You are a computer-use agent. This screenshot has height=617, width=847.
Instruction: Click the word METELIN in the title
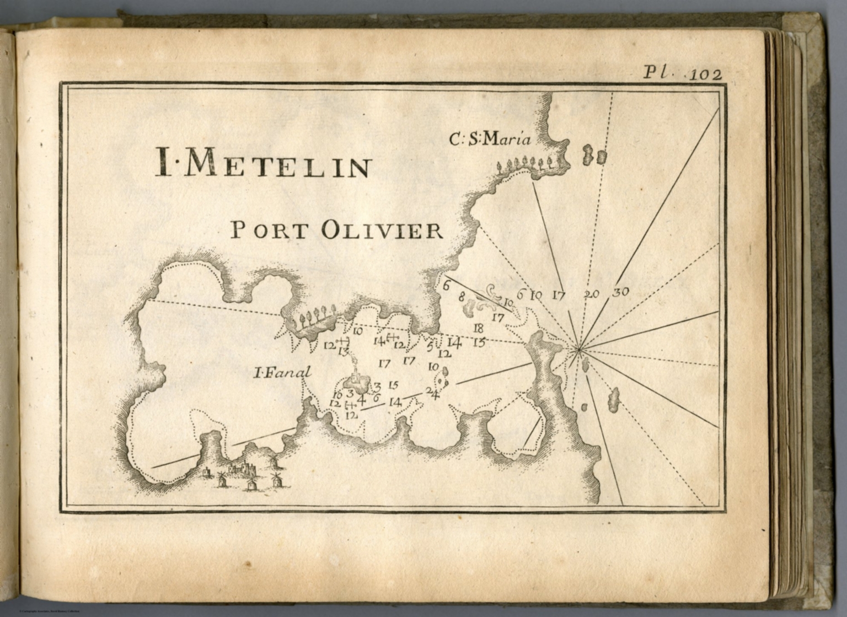pyautogui.click(x=282, y=165)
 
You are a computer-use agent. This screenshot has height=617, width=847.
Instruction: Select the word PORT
pyautogui.click(x=267, y=229)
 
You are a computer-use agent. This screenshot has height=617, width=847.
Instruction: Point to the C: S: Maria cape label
pyautogui.click(x=490, y=140)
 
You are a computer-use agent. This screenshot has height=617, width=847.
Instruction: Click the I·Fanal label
pyautogui.click(x=282, y=373)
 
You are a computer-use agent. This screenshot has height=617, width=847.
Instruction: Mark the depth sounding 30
pyautogui.click(x=621, y=292)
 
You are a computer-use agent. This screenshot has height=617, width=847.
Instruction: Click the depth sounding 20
pyautogui.click(x=591, y=294)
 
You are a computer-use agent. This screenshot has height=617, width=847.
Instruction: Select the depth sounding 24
pyautogui.click(x=432, y=392)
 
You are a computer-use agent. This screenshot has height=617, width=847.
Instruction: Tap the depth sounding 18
pyautogui.click(x=478, y=328)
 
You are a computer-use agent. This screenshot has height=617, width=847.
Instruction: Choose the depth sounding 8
pyautogui.click(x=462, y=296)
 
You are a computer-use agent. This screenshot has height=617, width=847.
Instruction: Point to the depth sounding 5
pyautogui.click(x=430, y=347)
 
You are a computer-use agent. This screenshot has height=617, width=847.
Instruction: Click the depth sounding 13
pyautogui.click(x=344, y=351)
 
